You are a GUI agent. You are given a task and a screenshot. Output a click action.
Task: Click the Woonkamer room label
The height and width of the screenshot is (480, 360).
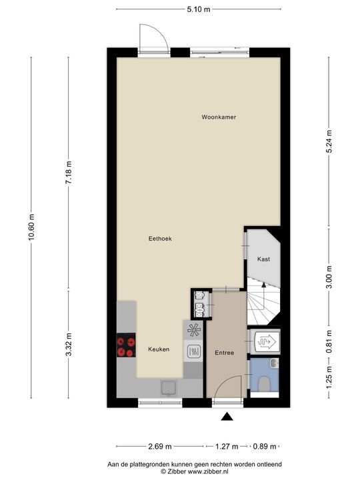point(219,117)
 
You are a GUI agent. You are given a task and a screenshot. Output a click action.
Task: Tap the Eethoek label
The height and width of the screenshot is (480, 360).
point(160,239)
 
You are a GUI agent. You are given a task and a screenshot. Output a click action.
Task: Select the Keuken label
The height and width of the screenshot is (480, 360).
point(159,349)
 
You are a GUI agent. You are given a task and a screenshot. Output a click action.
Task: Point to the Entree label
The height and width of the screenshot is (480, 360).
point(225,353)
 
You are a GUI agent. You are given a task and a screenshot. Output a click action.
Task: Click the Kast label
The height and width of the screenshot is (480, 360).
point(263,259)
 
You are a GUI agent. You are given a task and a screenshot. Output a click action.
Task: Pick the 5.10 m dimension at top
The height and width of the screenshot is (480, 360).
point(199,9)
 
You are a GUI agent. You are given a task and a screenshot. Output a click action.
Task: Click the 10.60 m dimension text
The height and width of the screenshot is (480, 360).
point(31,228)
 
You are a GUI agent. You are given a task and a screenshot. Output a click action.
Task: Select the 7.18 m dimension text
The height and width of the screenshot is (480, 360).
point(68,173)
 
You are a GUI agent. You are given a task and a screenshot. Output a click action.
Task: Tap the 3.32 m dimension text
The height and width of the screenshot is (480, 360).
point(68,345)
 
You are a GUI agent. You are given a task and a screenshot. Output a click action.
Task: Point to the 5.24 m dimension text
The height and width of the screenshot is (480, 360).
point(329,142)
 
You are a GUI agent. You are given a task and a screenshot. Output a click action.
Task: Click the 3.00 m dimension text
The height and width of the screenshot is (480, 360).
point(329,277)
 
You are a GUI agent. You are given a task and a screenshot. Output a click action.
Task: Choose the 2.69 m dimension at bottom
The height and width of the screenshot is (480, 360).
point(160,446)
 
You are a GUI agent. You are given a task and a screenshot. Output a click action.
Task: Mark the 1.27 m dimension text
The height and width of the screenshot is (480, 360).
point(227,446)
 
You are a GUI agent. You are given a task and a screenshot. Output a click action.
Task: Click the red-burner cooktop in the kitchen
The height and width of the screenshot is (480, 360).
point(126,345)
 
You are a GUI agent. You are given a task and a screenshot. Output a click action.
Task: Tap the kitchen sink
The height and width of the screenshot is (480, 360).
point(168,388)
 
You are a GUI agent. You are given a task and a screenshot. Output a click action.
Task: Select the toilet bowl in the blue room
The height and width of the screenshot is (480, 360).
point(264,384)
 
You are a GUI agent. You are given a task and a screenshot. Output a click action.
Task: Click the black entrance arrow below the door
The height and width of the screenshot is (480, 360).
point(227,416)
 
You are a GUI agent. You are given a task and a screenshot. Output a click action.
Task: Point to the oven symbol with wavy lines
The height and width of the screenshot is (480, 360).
point(193,351)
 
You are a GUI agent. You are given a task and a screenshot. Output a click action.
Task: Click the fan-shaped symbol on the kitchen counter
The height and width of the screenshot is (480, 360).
point(193,330)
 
